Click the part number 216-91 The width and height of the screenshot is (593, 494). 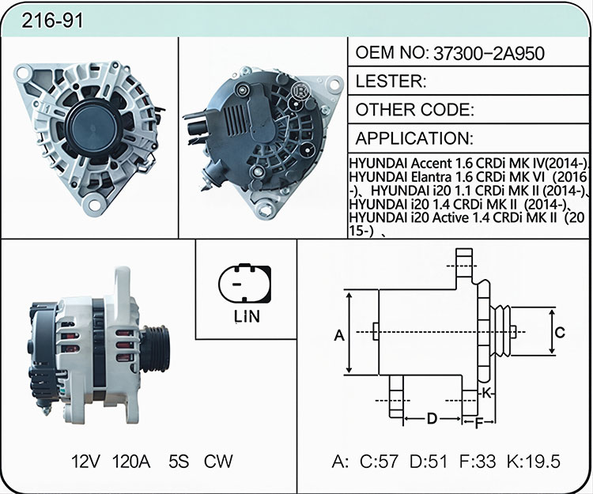[52, 21]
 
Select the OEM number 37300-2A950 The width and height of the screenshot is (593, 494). [489, 54]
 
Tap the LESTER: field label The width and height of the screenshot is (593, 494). [391, 81]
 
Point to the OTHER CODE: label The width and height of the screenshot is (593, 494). [415, 110]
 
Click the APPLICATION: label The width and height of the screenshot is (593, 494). [414, 138]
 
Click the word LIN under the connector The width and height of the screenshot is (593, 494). [247, 317]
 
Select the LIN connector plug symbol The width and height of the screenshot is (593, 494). [244, 283]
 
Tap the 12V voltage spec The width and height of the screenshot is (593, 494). [86, 462]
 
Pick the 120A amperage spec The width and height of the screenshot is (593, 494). [131, 462]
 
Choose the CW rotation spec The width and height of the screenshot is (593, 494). [218, 462]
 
